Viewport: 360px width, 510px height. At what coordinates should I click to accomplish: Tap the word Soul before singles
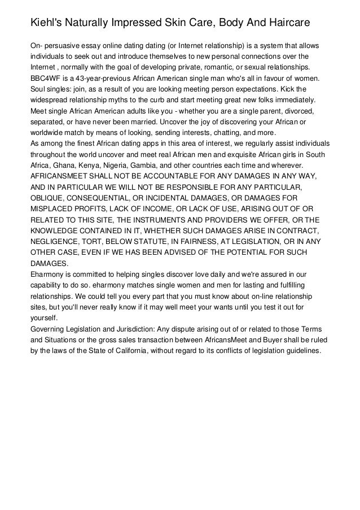click(39, 89)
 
